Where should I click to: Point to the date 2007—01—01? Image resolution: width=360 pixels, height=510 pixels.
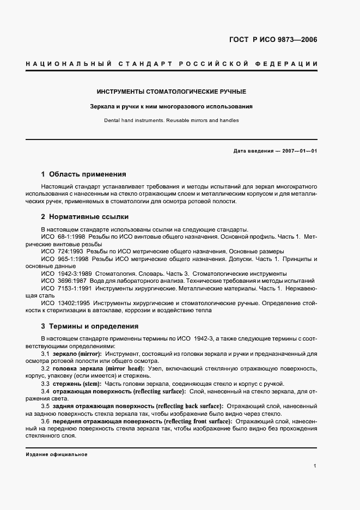pyautogui.click(x=297, y=150)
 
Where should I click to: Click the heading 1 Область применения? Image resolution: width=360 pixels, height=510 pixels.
pyautogui.click(x=83, y=175)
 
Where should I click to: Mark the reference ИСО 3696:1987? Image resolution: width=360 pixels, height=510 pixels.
pyautogui.click(x=66, y=280)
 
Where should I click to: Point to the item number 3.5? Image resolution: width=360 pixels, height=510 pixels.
pyautogui.click(x=46, y=406)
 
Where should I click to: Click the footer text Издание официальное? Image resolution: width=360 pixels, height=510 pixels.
pyautogui.click(x=57, y=454)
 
